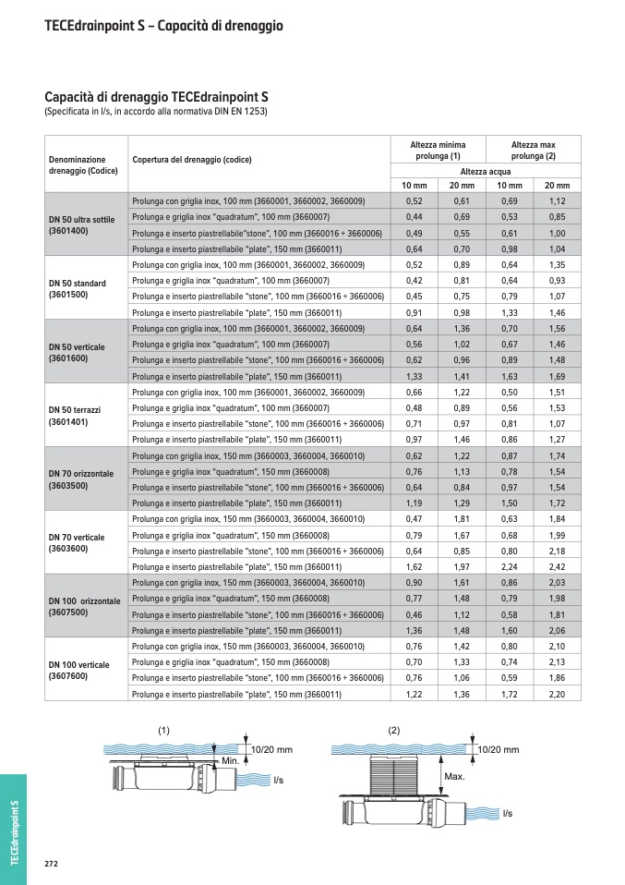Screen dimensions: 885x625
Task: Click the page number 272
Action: click(52, 863)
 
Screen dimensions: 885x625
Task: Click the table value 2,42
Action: click(557, 566)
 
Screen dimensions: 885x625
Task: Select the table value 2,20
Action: click(557, 694)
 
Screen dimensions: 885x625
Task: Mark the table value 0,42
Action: click(414, 280)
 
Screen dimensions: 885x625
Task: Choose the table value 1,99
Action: click(557, 535)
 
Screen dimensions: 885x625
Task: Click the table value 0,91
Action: click(414, 312)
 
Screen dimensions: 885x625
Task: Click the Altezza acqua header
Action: click(486, 172)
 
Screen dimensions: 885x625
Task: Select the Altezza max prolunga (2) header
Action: click(535, 151)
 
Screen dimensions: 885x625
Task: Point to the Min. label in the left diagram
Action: click(230, 759)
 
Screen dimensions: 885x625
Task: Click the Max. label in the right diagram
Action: click(454, 777)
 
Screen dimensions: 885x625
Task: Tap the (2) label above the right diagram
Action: click(394, 731)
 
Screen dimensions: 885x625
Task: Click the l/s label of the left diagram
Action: click(279, 781)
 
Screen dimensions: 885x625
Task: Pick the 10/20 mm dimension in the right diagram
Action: click(499, 749)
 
